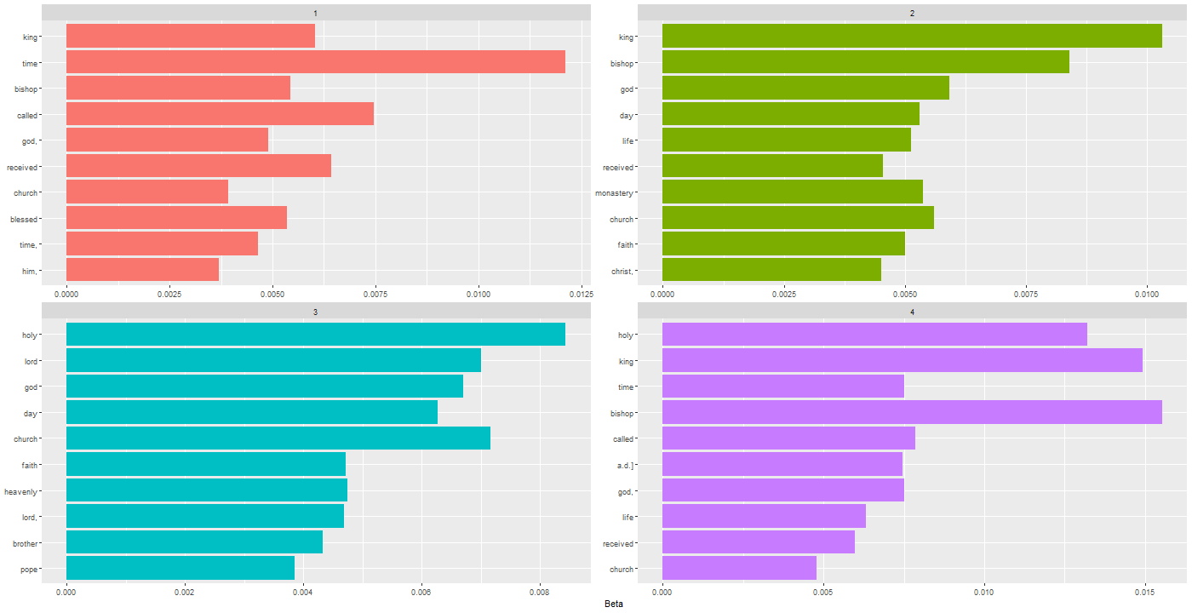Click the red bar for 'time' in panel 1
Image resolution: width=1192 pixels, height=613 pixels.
(x=315, y=62)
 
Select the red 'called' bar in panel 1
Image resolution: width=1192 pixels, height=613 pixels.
(x=220, y=114)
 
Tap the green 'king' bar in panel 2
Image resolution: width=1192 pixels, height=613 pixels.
(x=912, y=37)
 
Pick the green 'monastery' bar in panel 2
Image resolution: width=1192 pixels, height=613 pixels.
(x=792, y=192)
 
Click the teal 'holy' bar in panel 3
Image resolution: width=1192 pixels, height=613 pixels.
(x=315, y=335)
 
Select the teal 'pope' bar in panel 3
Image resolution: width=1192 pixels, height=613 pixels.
(x=180, y=568)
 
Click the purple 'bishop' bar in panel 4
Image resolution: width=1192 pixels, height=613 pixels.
(x=912, y=413)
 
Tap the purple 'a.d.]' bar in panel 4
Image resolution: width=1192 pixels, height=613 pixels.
(x=782, y=464)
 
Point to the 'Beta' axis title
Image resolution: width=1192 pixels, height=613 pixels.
(x=613, y=604)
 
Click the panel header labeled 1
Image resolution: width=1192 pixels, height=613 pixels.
(x=315, y=13)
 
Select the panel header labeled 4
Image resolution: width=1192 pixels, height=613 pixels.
(x=912, y=312)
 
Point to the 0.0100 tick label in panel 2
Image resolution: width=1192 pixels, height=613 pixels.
(x=1147, y=294)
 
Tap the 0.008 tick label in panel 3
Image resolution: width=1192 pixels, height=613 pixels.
(x=539, y=592)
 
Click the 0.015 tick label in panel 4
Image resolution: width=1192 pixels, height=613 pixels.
(x=1145, y=592)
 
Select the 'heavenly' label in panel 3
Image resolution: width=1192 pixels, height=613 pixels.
(x=20, y=491)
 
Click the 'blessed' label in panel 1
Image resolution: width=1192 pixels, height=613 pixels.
(x=24, y=219)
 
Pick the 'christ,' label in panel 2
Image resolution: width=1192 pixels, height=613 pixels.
(x=622, y=271)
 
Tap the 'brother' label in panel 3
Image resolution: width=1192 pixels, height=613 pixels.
(x=23, y=543)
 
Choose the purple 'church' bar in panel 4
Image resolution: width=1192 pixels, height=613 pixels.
(x=739, y=568)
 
